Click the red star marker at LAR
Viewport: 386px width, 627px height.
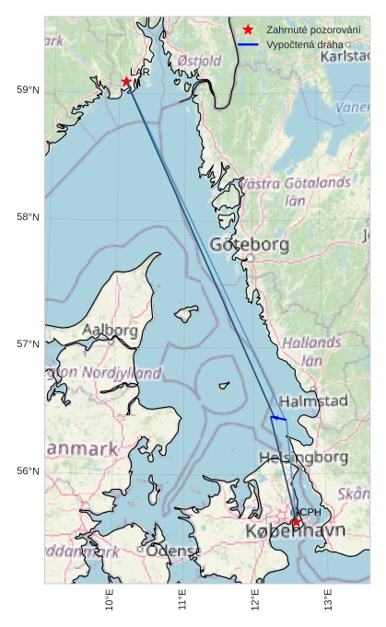click(x=126, y=82)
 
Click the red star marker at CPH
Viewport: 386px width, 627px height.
click(x=297, y=523)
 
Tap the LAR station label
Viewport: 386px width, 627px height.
click(x=140, y=72)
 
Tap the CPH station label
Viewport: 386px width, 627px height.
click(x=309, y=512)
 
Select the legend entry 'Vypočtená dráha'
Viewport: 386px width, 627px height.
click(x=304, y=44)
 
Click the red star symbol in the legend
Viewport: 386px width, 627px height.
click(x=248, y=29)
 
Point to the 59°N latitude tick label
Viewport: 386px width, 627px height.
click(x=29, y=89)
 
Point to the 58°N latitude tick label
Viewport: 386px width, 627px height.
click(x=29, y=216)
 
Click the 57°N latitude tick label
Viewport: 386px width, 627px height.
click(x=29, y=344)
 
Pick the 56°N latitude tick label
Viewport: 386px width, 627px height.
click(x=29, y=471)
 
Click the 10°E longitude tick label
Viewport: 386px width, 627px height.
click(x=110, y=602)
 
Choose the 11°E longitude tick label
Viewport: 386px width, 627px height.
click(x=182, y=602)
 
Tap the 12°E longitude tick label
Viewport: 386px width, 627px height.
click(x=255, y=602)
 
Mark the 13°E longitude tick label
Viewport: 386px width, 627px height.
click(x=328, y=602)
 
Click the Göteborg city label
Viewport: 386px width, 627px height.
click(x=249, y=245)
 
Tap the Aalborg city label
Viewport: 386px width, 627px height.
click(x=111, y=330)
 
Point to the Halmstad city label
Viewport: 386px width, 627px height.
click(x=313, y=401)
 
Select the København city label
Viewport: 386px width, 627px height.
click(x=295, y=532)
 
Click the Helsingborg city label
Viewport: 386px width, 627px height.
click(x=304, y=458)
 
